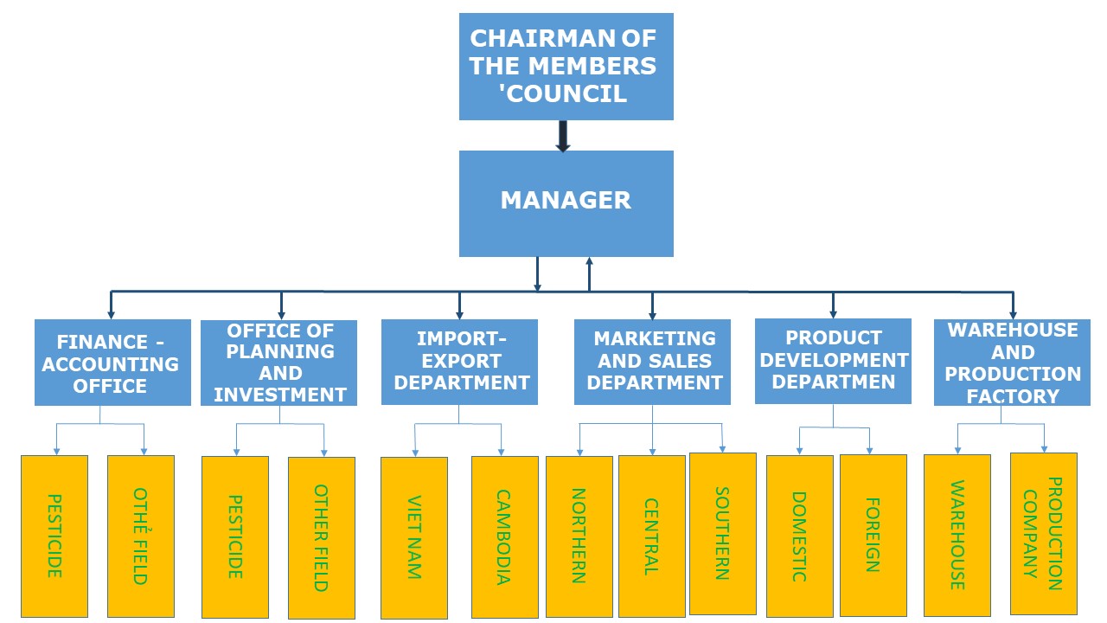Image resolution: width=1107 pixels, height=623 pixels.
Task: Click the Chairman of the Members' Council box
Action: coord(566,66)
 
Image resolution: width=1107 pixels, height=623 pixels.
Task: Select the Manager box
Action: coord(566,203)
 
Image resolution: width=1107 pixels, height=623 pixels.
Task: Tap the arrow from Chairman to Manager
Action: coord(563,136)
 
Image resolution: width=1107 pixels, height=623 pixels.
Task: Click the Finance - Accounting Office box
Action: coord(112,363)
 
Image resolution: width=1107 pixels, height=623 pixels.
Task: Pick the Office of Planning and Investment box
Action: coord(279,363)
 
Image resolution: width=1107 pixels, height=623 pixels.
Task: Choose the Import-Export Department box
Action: coord(459,362)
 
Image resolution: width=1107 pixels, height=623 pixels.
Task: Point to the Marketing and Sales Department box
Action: coord(652,362)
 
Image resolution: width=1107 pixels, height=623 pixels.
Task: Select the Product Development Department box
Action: coord(833,361)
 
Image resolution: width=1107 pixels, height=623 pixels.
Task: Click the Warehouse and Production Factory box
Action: coord(1012,363)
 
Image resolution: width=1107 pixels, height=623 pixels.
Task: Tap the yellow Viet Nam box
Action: coord(414,537)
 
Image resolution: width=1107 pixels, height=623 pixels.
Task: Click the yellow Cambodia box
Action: coord(504,537)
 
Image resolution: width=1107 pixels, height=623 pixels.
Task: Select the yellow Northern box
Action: coord(579,536)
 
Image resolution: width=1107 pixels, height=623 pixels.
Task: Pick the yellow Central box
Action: coord(651,536)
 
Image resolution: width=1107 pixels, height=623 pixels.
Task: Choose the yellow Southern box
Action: coord(722,533)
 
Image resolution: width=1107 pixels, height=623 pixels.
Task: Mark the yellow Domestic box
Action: coord(799,536)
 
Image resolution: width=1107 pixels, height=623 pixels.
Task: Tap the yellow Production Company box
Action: coord(1043,533)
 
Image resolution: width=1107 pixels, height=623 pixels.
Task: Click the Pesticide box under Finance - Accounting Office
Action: coord(54,536)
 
